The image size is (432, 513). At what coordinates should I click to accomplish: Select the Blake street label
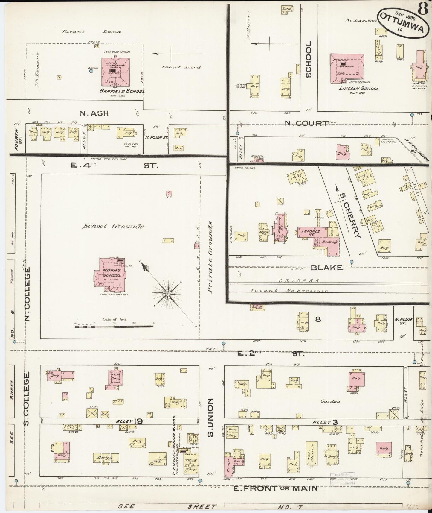pos(326,268)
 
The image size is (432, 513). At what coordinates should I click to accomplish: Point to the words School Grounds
pos(113,226)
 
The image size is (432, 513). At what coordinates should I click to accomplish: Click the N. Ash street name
pos(94,113)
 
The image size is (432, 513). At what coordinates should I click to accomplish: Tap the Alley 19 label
pos(129,421)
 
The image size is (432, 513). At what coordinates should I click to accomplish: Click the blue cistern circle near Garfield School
pos(91,71)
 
